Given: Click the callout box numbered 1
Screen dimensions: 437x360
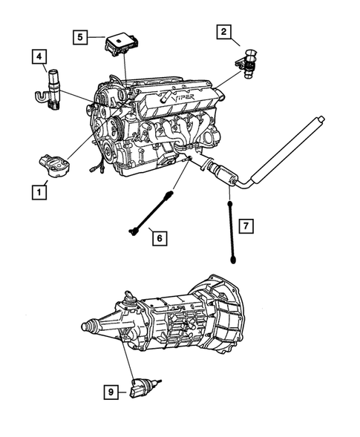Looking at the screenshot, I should pyautogui.click(x=38, y=192).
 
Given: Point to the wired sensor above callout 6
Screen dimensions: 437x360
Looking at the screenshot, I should pyautogui.click(x=151, y=214).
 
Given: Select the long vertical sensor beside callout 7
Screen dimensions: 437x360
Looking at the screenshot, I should pyautogui.click(x=232, y=229).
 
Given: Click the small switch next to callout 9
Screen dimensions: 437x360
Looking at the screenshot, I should pyautogui.click(x=143, y=387).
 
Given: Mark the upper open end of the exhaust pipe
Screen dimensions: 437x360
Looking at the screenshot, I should pyautogui.click(x=321, y=118).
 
